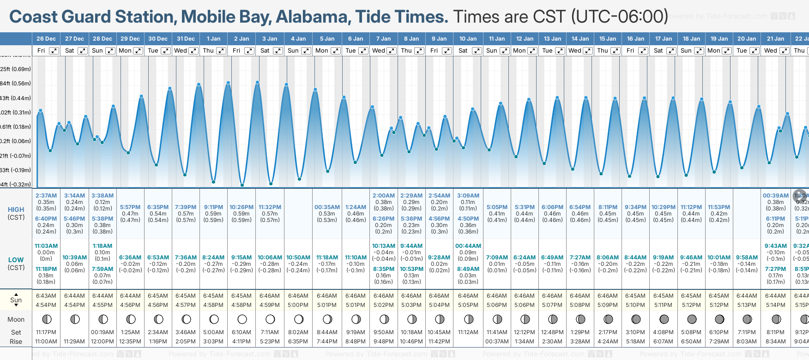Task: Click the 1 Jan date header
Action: coord(213,39)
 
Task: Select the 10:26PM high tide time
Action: coord(241,207)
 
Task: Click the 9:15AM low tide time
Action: coord(241,258)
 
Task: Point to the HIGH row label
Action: coord(16,210)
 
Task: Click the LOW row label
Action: coord(16,260)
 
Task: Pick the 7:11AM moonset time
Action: coord(270,332)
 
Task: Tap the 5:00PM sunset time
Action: coord(298,305)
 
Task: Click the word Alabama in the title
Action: coord(311,17)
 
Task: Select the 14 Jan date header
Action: coord(580,39)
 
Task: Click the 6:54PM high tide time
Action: coord(580,207)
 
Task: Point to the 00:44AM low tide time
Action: coord(468,246)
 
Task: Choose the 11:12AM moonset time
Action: coord(468,332)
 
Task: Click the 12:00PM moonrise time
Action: coord(103,342)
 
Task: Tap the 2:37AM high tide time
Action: coord(46,196)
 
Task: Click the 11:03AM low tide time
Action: coord(46,246)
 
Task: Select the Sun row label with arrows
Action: coord(16,300)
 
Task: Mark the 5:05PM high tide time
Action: coord(497,207)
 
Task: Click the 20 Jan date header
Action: coord(747,39)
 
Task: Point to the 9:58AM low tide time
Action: coord(747,258)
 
